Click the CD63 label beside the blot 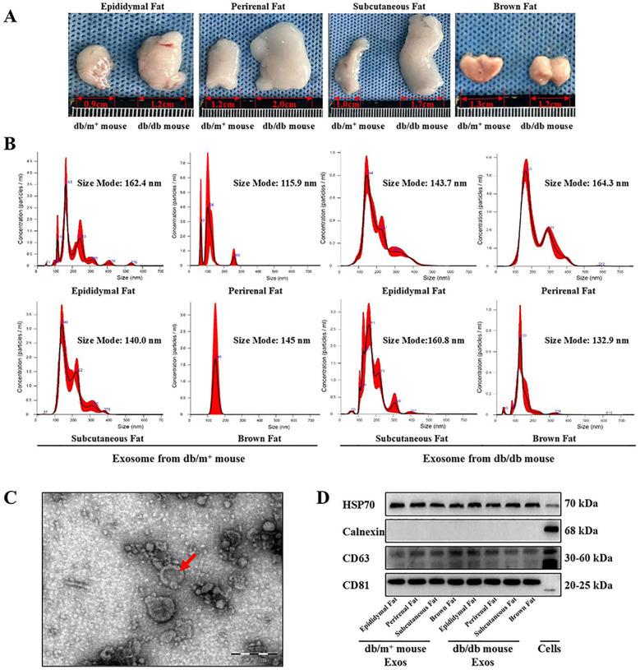point(333,559)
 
